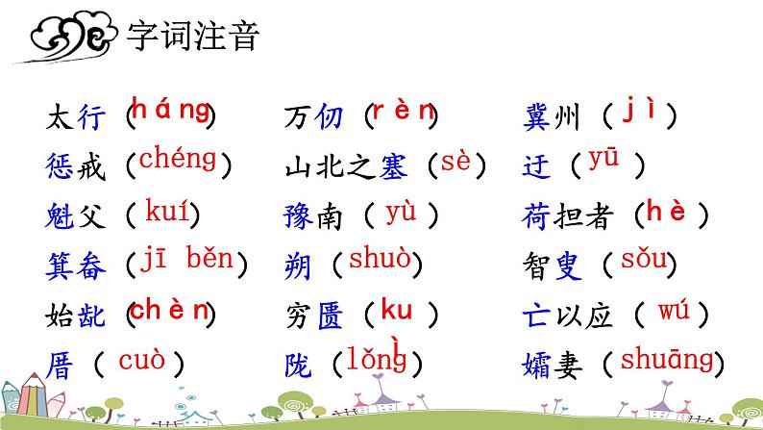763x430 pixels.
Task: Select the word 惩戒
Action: click(73, 167)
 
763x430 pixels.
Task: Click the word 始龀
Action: click(73, 315)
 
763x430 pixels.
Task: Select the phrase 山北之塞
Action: click(347, 167)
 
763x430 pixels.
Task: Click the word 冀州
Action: click(552, 118)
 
